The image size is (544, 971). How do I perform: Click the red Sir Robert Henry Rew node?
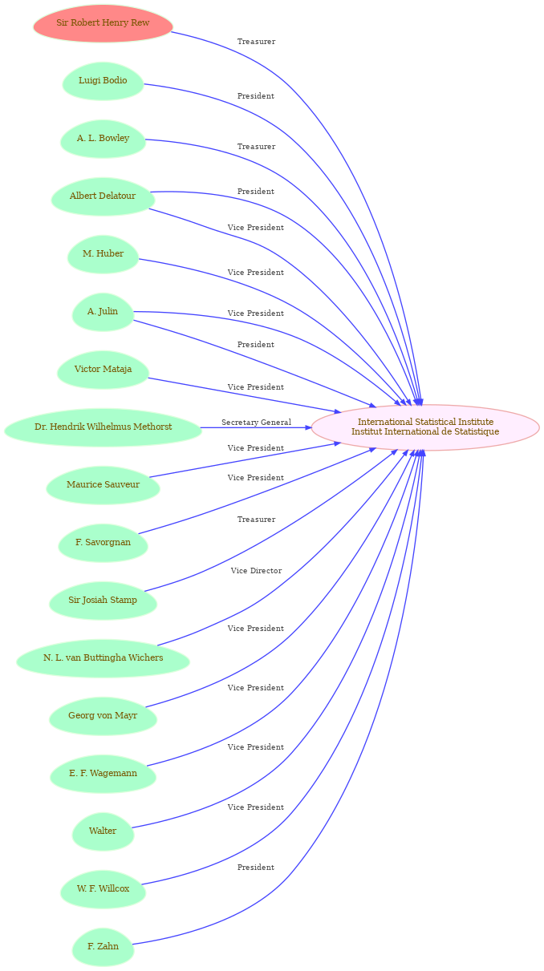[103, 23]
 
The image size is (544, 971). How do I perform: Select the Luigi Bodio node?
[103, 81]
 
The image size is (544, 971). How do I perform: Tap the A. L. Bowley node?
[103, 139]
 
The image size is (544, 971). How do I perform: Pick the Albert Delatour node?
[103, 196]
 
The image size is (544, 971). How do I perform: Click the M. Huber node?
[103, 254]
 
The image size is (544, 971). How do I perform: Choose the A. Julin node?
[103, 312]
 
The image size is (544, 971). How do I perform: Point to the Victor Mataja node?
[103, 370]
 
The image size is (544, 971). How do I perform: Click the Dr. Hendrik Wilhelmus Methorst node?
[103, 427]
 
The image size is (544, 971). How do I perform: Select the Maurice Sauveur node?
[103, 484]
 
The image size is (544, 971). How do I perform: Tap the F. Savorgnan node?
[103, 542]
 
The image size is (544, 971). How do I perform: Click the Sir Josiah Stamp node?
[103, 600]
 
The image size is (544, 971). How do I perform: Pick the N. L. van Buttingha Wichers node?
[103, 657]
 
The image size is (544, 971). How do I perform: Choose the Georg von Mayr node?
[103, 715]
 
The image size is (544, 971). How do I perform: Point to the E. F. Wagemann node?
[103, 773]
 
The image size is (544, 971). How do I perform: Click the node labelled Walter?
[103, 831]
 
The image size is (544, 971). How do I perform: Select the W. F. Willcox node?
[103, 888]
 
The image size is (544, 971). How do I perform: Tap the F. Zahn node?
[103, 946]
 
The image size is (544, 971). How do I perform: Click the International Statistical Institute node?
[425, 427]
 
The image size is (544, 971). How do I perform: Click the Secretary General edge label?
[257, 423]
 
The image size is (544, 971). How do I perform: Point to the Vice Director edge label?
[257, 570]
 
